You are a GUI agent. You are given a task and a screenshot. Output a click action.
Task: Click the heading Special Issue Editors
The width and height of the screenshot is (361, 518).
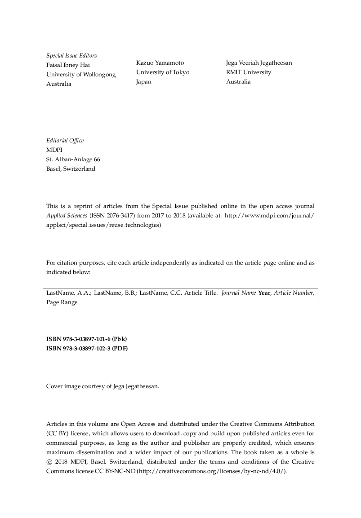click(x=71, y=56)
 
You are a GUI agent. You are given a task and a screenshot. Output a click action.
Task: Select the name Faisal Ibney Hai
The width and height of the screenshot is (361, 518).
click(x=68, y=65)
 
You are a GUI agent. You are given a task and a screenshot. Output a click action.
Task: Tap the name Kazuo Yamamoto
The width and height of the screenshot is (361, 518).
click(x=160, y=63)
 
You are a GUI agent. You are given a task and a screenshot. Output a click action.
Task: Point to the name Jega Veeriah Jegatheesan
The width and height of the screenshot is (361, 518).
click(x=259, y=63)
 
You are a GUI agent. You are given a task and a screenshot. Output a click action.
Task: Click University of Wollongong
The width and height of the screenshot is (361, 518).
click(x=81, y=75)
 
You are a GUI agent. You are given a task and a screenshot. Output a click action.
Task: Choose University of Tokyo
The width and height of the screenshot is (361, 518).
click(x=163, y=72)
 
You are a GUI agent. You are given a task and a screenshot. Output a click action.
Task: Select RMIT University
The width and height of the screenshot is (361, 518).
click(x=249, y=72)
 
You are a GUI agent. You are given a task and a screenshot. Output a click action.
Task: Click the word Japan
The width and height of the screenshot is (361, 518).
click(x=144, y=82)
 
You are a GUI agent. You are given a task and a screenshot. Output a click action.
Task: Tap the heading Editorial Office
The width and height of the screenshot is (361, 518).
click(x=65, y=141)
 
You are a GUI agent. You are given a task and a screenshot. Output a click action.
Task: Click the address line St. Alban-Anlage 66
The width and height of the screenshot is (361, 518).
click(x=73, y=159)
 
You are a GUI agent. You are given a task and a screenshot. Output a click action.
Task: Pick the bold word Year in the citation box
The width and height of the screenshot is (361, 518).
click(x=264, y=293)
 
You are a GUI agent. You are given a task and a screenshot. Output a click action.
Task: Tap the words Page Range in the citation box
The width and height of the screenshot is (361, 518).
click(x=62, y=302)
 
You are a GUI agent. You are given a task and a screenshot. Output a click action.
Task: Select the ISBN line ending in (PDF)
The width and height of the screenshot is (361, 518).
click(x=87, y=348)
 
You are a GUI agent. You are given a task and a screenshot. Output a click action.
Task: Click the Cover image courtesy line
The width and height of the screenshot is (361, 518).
click(x=103, y=386)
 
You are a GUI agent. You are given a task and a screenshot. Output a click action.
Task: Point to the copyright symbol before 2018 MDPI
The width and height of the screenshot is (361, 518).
click(x=49, y=462)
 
